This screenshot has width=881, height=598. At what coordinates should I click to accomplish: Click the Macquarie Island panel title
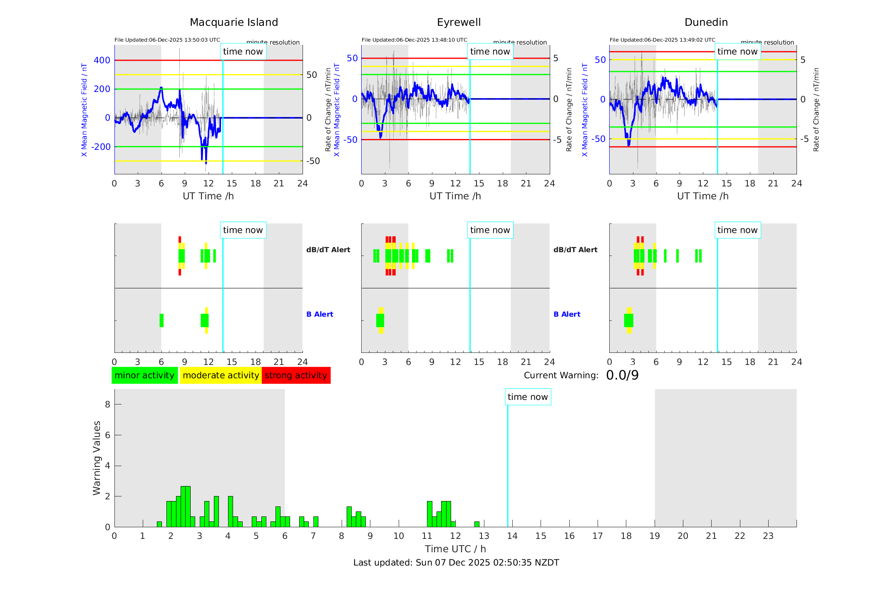pyautogui.click(x=234, y=22)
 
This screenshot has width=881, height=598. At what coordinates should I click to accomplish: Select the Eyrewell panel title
pyautogui.click(x=459, y=22)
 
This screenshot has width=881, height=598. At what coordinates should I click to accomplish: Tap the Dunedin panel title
pyautogui.click(x=706, y=22)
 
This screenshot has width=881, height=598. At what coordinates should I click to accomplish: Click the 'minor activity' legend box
pyautogui.click(x=144, y=375)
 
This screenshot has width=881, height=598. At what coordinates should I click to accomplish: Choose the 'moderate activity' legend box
pyautogui.click(x=221, y=375)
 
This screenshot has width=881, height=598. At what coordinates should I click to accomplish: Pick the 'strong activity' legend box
pyautogui.click(x=296, y=375)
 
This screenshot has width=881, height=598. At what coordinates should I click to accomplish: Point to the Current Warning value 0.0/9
pyautogui.click(x=622, y=375)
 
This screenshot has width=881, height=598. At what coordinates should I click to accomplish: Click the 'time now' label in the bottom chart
pyautogui.click(x=528, y=397)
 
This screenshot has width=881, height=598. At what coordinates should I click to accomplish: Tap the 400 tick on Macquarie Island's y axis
pyautogui.click(x=102, y=60)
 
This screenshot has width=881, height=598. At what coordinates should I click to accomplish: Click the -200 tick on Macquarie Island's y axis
pyautogui.click(x=101, y=147)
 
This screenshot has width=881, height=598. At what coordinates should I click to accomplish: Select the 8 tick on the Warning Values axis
pyautogui.click(x=108, y=404)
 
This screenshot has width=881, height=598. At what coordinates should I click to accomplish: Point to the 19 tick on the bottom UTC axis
pyautogui.click(x=655, y=536)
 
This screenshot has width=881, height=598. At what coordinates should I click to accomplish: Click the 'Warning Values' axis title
pyautogui.click(x=97, y=458)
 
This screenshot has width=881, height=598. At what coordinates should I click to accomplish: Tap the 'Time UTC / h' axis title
pyautogui.click(x=455, y=549)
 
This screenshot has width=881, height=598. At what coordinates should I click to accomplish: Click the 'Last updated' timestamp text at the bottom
pyautogui.click(x=456, y=563)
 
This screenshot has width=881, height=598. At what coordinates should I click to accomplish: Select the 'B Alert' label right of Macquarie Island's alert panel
pyautogui.click(x=320, y=315)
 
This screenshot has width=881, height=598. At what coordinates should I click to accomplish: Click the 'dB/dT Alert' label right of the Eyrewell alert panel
pyautogui.click(x=575, y=250)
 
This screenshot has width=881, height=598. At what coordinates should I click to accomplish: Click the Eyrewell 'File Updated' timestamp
pyautogui.click(x=414, y=40)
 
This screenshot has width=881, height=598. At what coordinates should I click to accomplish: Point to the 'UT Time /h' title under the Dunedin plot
pyautogui.click(x=702, y=196)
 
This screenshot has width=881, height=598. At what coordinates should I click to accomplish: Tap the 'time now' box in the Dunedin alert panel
pyautogui.click(x=737, y=230)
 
